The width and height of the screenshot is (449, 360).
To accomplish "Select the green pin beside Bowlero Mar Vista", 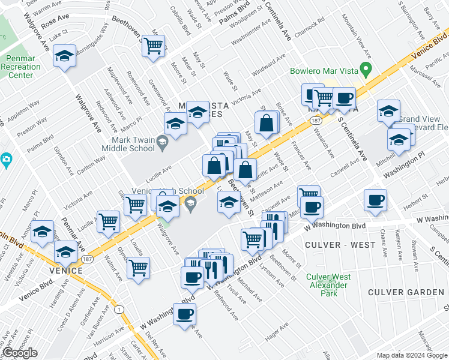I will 364,68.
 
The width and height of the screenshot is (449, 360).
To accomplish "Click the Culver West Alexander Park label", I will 328,285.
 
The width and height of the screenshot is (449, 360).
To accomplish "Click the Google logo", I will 20,353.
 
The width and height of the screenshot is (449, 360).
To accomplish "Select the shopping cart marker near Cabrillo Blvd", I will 154,44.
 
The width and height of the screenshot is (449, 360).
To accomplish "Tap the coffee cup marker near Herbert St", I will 375,200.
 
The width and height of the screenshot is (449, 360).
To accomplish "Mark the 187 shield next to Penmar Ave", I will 88,260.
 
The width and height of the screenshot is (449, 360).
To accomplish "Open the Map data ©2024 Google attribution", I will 412,355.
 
